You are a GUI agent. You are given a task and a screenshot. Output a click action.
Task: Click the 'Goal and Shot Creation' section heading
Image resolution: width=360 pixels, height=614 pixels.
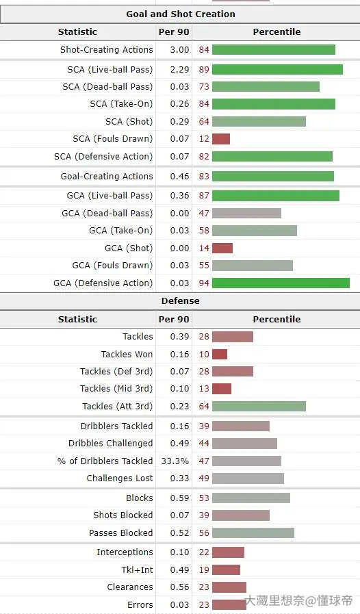tap(181, 14)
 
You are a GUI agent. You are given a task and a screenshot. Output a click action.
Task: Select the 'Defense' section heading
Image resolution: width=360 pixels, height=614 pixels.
tap(180, 300)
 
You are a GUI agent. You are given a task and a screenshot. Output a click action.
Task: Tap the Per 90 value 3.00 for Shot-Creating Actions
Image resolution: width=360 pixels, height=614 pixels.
tap(179, 50)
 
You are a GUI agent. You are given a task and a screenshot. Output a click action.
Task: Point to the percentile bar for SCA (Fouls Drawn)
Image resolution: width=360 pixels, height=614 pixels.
tap(221, 139)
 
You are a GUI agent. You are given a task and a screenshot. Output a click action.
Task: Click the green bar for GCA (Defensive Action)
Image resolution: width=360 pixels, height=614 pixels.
tap(281, 283)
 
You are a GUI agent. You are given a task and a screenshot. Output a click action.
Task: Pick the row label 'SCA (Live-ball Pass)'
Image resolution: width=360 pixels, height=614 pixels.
tap(110, 70)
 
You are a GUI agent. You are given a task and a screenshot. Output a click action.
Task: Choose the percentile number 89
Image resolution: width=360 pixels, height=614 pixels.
tap(204, 70)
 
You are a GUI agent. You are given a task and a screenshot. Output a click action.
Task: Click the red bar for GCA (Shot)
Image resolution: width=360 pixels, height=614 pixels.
tap(222, 248)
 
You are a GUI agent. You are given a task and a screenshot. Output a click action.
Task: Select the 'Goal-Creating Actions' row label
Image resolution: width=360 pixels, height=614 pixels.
tap(107, 176)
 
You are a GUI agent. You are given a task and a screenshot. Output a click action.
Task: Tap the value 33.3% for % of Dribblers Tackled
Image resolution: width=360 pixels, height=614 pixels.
tap(175, 461)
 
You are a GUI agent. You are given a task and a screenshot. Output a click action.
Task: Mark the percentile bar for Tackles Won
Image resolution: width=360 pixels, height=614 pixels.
tap(220, 354)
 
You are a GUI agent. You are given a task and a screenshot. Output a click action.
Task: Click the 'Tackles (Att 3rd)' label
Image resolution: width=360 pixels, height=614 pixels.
tap(118, 407)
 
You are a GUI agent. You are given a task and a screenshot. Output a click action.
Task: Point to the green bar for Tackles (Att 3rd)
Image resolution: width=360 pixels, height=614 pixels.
tap(259, 406)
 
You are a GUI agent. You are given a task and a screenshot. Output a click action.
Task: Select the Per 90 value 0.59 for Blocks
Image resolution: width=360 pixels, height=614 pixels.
tap(179, 498)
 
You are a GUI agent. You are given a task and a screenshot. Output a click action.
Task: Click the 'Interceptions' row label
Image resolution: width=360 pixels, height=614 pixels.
tap(125, 552)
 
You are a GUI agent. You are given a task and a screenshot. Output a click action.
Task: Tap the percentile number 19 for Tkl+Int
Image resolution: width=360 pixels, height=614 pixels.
tap(204, 570)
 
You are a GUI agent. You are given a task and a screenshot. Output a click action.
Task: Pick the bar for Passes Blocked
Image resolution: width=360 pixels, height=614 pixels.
tap(253, 533)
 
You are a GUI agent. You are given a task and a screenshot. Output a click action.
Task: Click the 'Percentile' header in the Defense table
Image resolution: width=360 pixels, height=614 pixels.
tap(277, 319)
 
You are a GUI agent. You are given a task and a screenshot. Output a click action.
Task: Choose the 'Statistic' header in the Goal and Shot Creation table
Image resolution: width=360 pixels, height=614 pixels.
tap(77, 32)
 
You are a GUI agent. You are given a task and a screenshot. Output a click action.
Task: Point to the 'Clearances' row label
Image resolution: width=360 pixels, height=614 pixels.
tap(130, 587)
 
